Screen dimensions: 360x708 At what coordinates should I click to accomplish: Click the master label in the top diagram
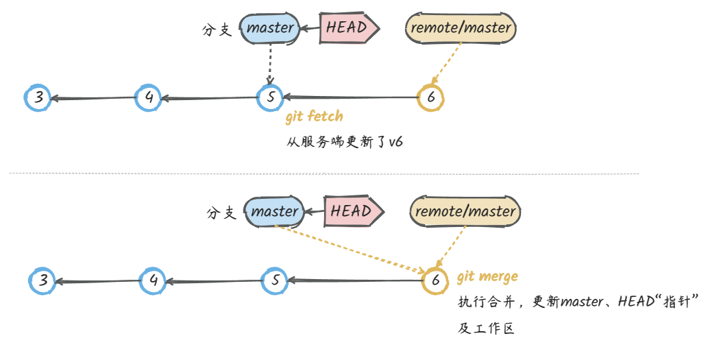click(270, 29)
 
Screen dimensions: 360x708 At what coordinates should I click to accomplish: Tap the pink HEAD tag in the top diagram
click(349, 29)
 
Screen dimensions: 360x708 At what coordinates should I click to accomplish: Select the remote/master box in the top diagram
click(461, 28)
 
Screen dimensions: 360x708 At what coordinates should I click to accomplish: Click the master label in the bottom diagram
click(274, 212)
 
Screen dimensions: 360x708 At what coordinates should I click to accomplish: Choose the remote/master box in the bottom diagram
click(465, 211)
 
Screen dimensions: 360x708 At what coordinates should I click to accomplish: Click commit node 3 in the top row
click(39, 98)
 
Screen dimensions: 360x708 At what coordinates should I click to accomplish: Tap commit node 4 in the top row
click(149, 98)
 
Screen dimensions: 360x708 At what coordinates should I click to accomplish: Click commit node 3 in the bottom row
click(43, 280)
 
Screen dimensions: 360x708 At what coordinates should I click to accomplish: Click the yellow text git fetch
click(314, 117)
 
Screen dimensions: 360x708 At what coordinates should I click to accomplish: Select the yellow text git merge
click(487, 277)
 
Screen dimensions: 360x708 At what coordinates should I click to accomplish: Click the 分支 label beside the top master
click(217, 30)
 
